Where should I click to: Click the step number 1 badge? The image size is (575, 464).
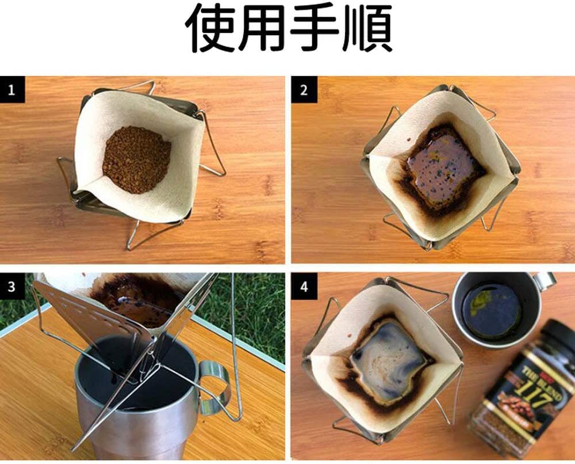12,90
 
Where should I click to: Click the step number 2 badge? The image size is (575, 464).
304,90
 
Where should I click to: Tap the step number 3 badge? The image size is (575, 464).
12,286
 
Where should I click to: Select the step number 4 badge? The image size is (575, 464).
304,286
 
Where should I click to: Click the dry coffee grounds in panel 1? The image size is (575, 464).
136,159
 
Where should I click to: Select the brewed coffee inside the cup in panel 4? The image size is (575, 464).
492,311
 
